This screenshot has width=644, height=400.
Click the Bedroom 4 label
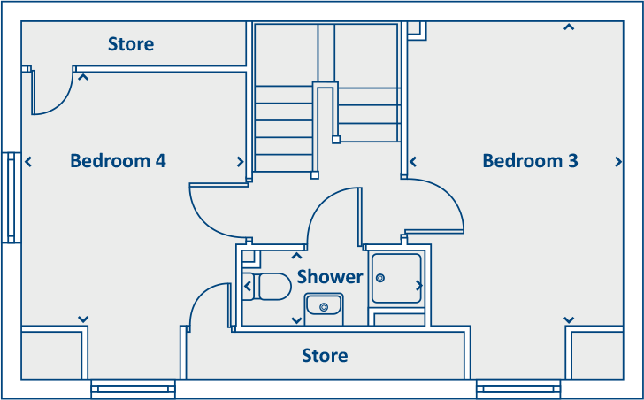118,161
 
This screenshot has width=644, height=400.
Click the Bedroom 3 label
530,161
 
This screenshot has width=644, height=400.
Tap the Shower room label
330,277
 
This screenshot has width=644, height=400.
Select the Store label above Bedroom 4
131,43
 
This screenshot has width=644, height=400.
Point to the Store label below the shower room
325,356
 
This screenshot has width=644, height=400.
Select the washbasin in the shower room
324,306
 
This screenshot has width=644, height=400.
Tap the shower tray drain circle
381,277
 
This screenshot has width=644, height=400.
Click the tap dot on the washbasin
325,306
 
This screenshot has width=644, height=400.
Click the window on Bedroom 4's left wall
11,197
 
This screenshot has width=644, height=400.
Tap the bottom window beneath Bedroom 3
518,387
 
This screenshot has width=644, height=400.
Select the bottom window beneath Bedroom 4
133,387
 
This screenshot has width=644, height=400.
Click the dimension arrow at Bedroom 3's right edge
617,162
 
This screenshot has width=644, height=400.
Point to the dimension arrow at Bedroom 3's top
569,27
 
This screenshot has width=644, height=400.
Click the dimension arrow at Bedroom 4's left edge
29,162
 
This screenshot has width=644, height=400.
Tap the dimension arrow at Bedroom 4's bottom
83,319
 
